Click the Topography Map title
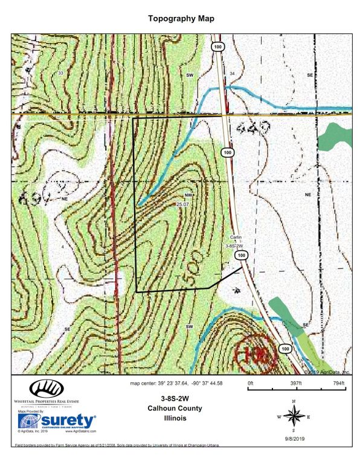click(181, 19)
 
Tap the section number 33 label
click(60, 73)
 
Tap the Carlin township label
click(236, 238)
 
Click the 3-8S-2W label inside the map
click(233, 246)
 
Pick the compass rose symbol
click(294, 416)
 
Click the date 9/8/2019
click(294, 439)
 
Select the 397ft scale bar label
click(295, 383)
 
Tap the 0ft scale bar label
click(251, 383)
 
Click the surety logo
click(58, 420)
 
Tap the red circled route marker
click(254, 351)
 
